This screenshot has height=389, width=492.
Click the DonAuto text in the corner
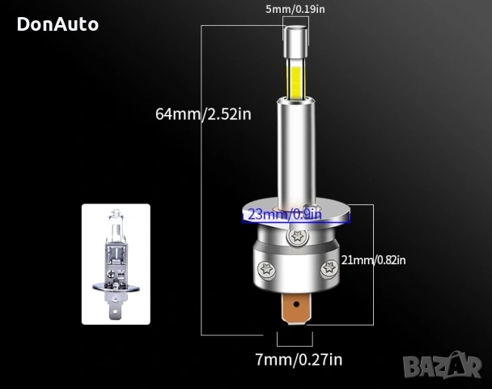tap(57, 24)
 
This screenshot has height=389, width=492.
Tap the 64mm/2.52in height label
tap(203, 113)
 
